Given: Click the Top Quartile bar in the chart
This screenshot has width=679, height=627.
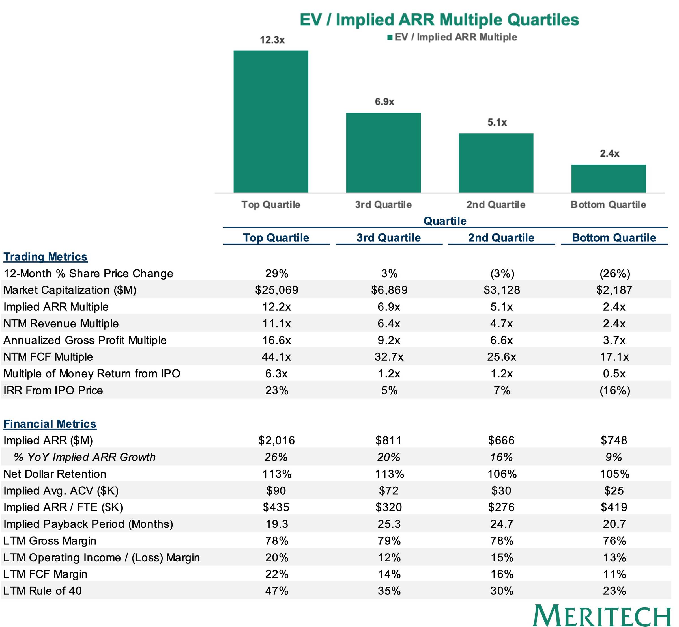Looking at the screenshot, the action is click(270, 122).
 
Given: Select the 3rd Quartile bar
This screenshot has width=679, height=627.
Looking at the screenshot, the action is click(383, 153).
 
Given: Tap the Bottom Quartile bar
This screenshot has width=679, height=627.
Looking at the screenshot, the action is click(608, 178).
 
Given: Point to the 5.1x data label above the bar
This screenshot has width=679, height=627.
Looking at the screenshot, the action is click(497, 122).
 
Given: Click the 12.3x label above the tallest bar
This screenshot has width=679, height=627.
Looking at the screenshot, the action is click(272, 40).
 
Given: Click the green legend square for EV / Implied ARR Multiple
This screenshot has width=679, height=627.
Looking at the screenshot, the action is click(390, 37).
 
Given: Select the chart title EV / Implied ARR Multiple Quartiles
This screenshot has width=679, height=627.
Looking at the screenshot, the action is click(439, 20).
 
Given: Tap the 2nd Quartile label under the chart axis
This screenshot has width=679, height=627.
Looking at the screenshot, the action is click(496, 205).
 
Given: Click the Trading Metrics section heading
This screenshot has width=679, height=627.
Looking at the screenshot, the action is click(46, 257).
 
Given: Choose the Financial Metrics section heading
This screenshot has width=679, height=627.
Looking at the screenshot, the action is click(50, 424).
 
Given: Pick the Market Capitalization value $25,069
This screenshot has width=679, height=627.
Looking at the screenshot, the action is click(277, 290).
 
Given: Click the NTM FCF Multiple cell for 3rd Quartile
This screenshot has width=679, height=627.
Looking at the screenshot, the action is click(389, 357).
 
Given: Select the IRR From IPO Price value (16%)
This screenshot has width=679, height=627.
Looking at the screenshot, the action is click(615, 390).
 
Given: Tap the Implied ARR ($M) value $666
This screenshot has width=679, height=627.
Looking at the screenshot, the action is click(501, 440).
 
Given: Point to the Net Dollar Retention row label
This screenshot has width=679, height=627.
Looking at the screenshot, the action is click(55, 474).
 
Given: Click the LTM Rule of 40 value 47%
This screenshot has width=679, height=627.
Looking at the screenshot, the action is click(277, 591).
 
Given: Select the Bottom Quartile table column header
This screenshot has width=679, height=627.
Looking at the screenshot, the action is click(614, 238).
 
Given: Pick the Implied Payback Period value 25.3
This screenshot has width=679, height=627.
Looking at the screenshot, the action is click(389, 524).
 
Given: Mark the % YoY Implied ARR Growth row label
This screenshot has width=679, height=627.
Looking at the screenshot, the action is click(85, 457).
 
